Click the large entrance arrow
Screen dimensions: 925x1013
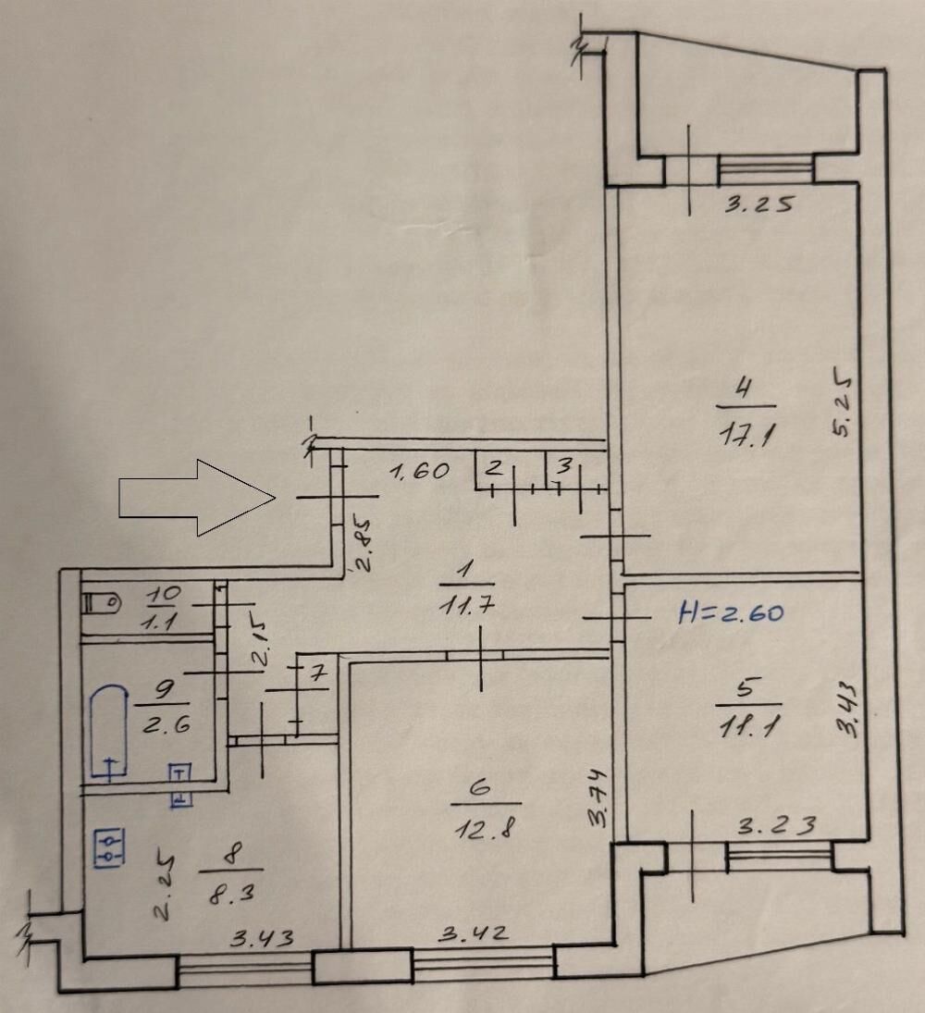point(197,498)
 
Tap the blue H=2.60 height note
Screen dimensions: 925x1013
point(732,612)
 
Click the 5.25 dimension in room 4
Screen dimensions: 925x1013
point(843,402)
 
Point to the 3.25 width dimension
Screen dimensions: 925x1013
point(758,204)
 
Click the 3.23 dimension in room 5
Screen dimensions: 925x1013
point(778,825)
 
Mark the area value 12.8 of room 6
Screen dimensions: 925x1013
point(485,828)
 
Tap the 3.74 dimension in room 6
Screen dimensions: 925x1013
point(598,798)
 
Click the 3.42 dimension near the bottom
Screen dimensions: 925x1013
point(475,934)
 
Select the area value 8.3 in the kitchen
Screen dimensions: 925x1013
point(231,893)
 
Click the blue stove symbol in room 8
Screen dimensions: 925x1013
point(109,847)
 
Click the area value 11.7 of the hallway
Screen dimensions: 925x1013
point(466,606)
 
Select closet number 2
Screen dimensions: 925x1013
point(494,468)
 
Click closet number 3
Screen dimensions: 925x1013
point(564,466)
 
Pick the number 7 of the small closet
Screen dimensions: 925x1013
point(317,673)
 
